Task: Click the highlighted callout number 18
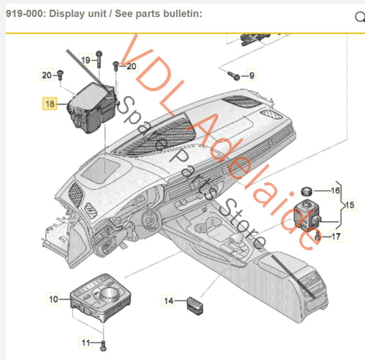click(x=50, y=104)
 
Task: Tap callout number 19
click(x=86, y=60)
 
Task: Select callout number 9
click(x=251, y=75)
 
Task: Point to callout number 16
click(x=335, y=191)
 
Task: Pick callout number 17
click(x=335, y=237)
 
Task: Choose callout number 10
click(x=53, y=298)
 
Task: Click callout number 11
click(x=86, y=342)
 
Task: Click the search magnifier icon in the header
click(x=360, y=18)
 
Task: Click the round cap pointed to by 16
click(x=307, y=190)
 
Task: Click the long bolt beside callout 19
click(x=100, y=63)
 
